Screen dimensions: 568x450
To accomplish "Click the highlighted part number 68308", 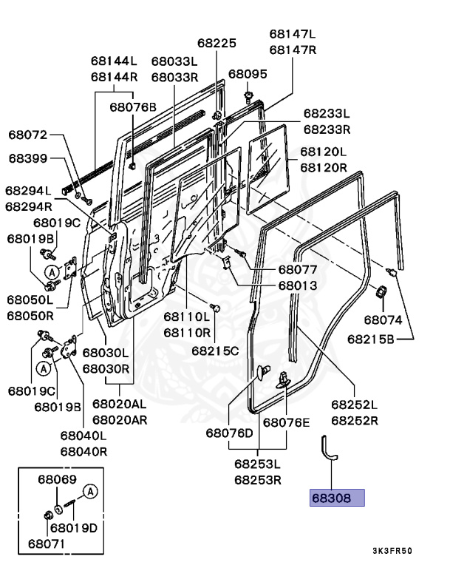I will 336,498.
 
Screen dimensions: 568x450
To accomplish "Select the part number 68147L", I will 292,34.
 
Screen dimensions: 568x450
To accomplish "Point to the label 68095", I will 248,74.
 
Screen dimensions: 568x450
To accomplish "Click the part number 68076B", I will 133,106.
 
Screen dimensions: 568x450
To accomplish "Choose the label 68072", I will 28,135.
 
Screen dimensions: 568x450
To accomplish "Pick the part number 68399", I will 28,158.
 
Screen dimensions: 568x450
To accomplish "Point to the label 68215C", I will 215,350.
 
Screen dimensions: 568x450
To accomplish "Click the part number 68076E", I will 287,422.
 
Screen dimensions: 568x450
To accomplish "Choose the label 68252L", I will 354,405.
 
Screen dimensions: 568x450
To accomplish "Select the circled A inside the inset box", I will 90,491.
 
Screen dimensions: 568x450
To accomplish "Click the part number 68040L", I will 83,436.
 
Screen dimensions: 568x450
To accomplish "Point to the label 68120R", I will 323,168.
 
